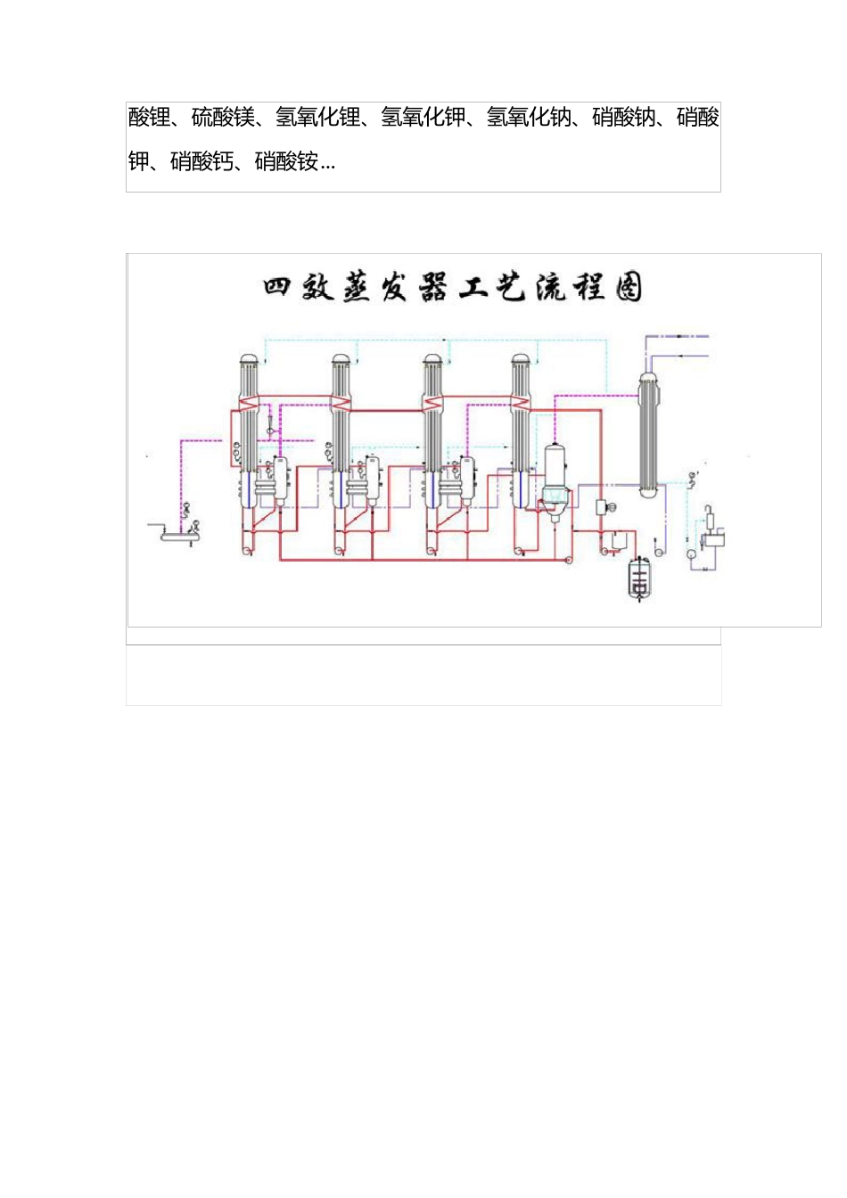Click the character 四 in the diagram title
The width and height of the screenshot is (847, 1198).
click(x=278, y=288)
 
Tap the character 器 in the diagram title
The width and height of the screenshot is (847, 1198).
click(x=432, y=288)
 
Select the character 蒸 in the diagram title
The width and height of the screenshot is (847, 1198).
click(x=356, y=288)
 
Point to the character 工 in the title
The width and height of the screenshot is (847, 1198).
click(x=472, y=288)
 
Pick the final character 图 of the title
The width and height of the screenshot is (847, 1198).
click(x=628, y=288)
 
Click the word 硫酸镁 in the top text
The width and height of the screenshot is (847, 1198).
click(x=223, y=118)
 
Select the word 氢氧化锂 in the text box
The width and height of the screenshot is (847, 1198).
click(x=317, y=118)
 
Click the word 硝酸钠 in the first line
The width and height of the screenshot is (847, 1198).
click(x=623, y=118)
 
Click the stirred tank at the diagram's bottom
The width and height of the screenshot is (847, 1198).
click(x=639, y=578)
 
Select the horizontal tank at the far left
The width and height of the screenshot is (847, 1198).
click(x=179, y=535)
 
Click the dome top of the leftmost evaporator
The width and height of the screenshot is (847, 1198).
click(x=250, y=359)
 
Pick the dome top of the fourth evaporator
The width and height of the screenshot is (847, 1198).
click(x=521, y=359)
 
